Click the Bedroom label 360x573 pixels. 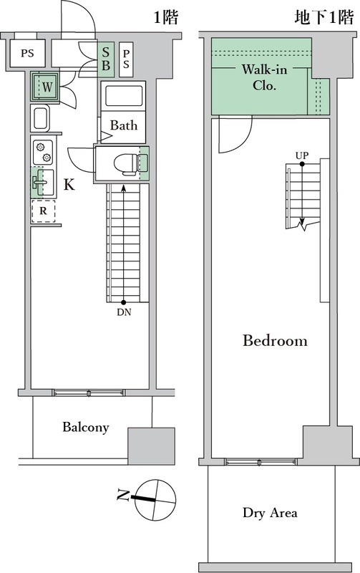(275, 341)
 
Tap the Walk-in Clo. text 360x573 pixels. (264, 77)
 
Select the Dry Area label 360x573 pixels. (270, 513)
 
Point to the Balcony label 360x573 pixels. (85, 427)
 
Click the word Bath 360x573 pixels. (124, 125)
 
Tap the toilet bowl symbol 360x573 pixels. (127, 163)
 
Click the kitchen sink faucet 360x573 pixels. (39, 182)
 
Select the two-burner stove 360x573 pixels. (43, 152)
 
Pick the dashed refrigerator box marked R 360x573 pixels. (43, 211)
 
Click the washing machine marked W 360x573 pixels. (46, 87)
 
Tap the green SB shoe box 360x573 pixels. (106, 59)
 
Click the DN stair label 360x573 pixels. (124, 312)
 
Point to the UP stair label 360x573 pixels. (302, 155)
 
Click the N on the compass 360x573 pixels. (122, 496)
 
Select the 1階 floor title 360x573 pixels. (166, 16)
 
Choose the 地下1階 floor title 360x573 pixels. (324, 16)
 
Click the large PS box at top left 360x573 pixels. (27, 53)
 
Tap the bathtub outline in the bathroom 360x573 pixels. (123, 96)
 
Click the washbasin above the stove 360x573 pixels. (39, 118)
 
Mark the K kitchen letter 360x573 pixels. (69, 185)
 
